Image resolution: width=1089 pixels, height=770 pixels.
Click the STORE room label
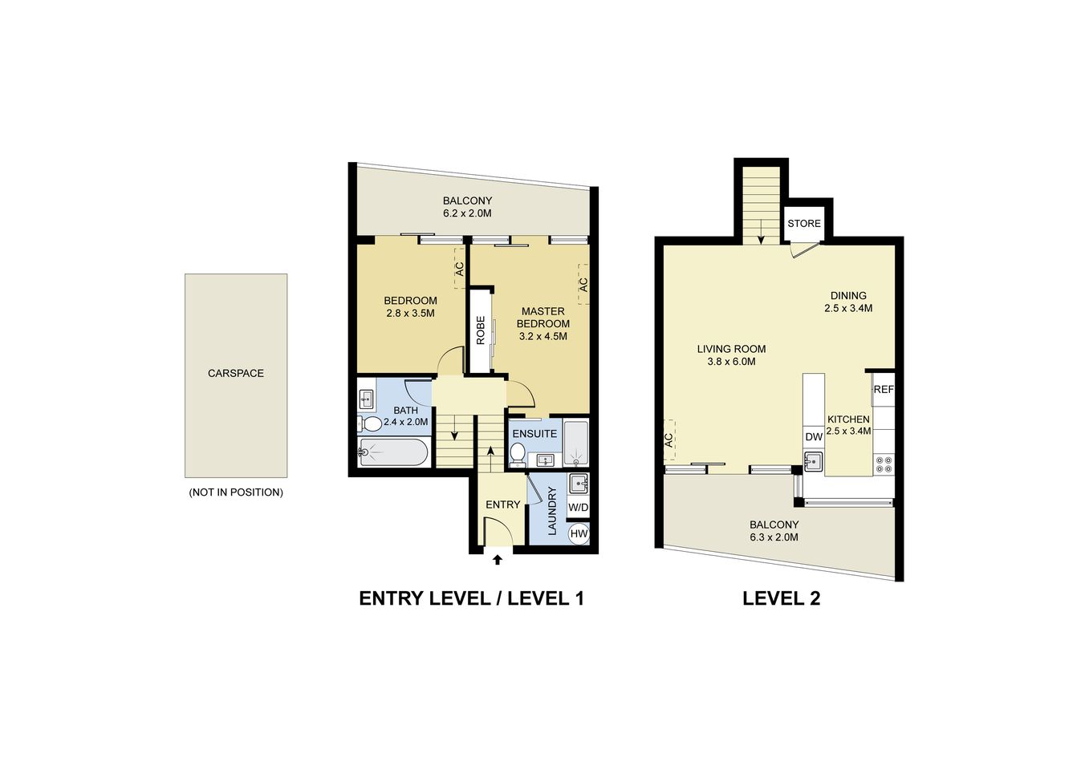tap(803, 224)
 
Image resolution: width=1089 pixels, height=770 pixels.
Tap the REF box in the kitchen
tap(883, 390)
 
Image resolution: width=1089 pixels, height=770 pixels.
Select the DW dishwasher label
tap(813, 437)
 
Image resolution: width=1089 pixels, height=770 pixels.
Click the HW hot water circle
tap(578, 533)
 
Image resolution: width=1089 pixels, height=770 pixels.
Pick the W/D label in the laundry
tap(578, 508)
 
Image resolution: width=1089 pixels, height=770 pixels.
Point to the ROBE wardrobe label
tap(481, 330)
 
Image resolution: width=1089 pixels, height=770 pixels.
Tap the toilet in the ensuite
tap(518, 453)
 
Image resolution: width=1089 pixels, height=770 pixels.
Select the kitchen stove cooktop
tap(884, 464)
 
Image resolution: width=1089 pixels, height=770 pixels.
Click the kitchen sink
tap(813, 462)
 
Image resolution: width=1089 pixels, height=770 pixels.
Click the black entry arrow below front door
tap(497, 560)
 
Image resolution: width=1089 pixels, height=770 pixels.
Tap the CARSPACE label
tap(236, 374)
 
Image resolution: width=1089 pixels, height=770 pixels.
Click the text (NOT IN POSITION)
tap(236, 492)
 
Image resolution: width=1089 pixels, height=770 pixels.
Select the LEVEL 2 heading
tap(781, 598)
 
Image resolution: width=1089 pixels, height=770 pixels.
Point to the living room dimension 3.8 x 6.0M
tap(731, 362)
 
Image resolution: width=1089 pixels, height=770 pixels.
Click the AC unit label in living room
tap(668, 440)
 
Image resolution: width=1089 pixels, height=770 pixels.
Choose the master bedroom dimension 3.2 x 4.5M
tap(542, 337)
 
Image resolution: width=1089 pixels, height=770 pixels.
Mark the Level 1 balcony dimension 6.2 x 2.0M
tap(467, 214)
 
